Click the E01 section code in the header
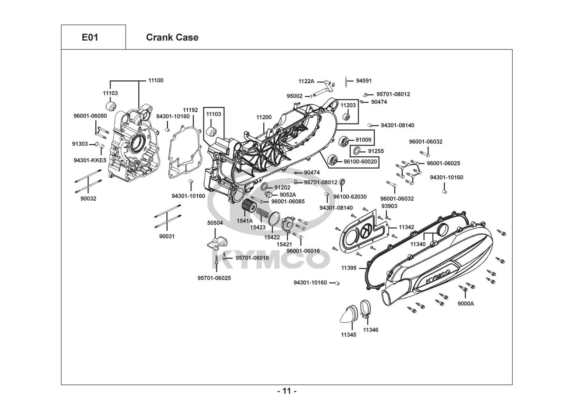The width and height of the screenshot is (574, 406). (90, 37)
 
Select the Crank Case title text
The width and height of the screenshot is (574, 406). (172, 37)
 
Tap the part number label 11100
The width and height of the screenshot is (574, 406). (155, 80)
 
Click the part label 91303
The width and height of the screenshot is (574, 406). (80, 144)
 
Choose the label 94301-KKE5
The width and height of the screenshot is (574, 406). (90, 160)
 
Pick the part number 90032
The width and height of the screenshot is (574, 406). (88, 199)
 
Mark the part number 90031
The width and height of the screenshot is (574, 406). (167, 236)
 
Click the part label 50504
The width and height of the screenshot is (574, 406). (215, 223)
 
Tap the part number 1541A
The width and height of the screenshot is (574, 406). (245, 221)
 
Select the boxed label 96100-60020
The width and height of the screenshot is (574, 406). (360, 162)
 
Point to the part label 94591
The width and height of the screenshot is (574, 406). (364, 81)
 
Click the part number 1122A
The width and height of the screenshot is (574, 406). (306, 81)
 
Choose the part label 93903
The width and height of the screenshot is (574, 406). (389, 206)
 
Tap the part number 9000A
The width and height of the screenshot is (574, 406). (466, 303)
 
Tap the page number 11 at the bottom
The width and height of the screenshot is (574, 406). (287, 391)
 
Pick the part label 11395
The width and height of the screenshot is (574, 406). (349, 268)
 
